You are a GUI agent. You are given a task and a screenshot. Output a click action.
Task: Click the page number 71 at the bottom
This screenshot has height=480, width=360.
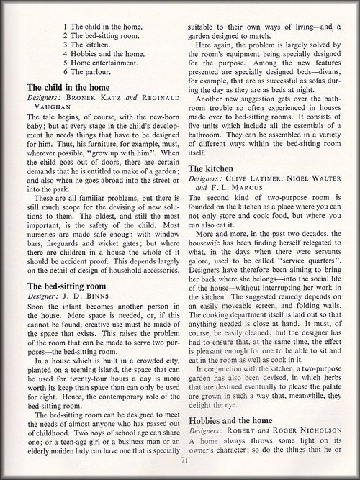pos(184,461)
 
